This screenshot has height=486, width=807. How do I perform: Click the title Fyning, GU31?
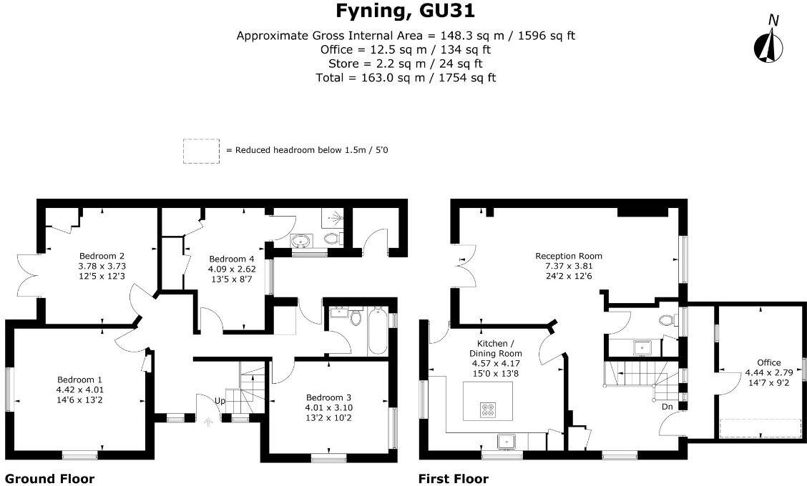pyautogui.click(x=405, y=11)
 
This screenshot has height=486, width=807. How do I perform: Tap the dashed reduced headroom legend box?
pyautogui.click(x=201, y=152)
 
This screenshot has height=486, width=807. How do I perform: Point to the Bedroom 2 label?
pyautogui.click(x=102, y=266)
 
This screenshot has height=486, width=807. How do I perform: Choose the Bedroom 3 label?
pyautogui.click(x=328, y=407)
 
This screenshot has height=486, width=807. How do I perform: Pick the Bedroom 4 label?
pyautogui.click(x=232, y=269)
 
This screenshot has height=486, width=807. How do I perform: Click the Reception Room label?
pyautogui.click(x=569, y=266)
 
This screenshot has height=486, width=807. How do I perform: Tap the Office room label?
pyautogui.click(x=769, y=372)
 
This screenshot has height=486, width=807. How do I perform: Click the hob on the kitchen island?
pyautogui.click(x=488, y=410)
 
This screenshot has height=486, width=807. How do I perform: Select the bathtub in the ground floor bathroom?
pyautogui.click(x=377, y=330)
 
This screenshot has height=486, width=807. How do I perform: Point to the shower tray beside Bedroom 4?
pyautogui.click(x=333, y=219)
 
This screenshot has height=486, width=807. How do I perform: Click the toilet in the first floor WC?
pyautogui.click(x=667, y=321)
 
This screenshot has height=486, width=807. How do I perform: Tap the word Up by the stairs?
pyautogui.click(x=220, y=401)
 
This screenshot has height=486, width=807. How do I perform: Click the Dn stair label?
pyautogui.click(x=667, y=407)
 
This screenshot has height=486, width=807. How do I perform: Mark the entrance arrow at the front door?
pyautogui.click(x=208, y=422)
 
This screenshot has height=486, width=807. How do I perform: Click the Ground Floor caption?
pyautogui.click(x=49, y=479)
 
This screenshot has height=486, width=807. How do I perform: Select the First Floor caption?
pyautogui.click(x=454, y=479)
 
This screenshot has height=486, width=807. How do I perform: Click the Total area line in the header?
pyautogui.click(x=406, y=78)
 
